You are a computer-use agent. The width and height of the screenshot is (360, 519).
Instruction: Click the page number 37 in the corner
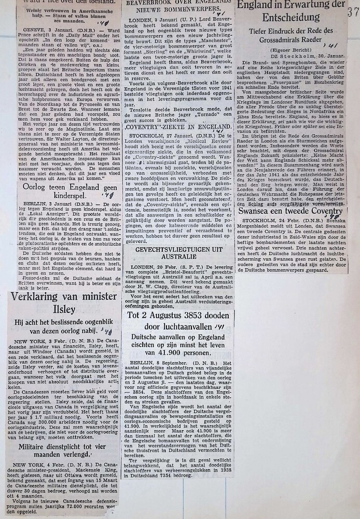(353, 11)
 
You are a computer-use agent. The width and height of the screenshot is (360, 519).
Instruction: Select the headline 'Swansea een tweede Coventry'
(290, 211)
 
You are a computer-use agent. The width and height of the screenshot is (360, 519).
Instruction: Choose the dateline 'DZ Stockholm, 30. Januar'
(294, 57)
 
